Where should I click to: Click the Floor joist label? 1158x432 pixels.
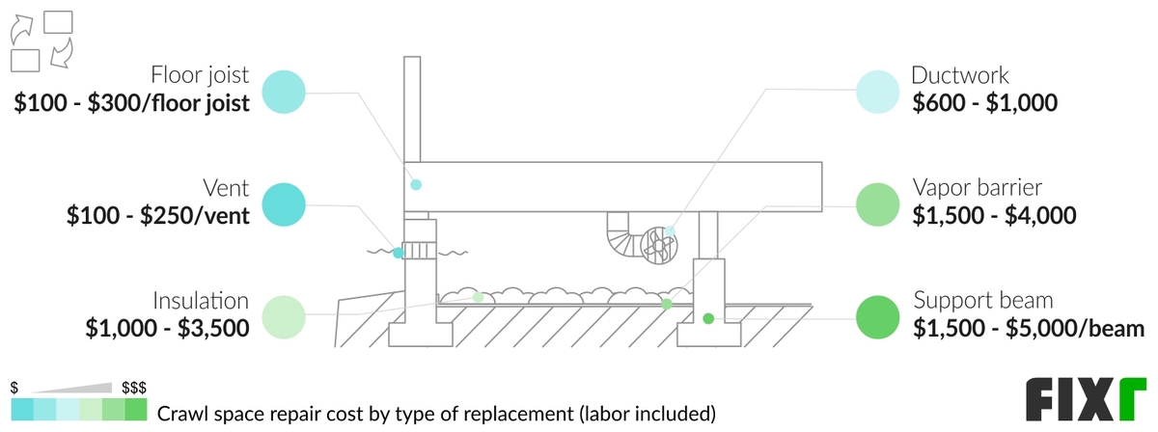tap(200, 75)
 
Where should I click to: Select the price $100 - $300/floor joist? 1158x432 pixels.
tap(132, 104)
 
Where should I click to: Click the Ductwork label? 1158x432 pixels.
tap(961, 75)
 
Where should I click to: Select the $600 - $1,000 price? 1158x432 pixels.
tap(985, 103)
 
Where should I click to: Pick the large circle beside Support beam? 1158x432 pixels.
tap(878, 315)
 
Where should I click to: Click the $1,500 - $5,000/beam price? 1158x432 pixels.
tap(1029, 328)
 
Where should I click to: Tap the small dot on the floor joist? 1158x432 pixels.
tap(416, 184)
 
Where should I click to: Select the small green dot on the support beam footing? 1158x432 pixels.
tap(707, 318)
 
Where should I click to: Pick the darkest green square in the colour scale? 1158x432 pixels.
tap(137, 411)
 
